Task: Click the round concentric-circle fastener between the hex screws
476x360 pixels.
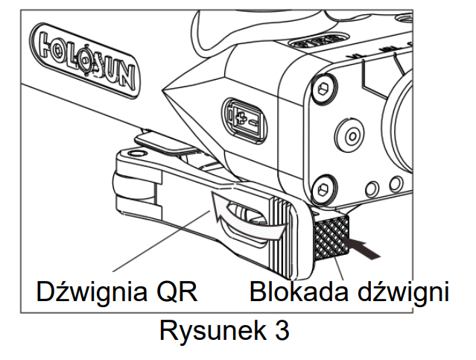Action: coord(347,137)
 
